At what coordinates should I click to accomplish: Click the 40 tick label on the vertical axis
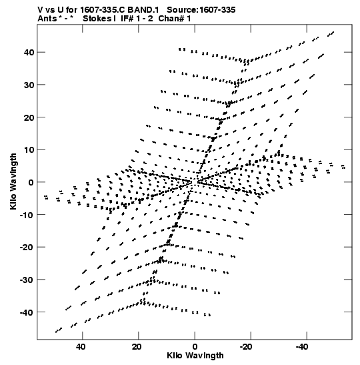coord(29,52)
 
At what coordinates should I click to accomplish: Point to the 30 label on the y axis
coord(29,85)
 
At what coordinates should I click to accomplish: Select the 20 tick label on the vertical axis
coord(29,117)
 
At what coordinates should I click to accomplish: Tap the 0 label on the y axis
coord(31,182)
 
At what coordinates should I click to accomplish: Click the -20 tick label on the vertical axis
coord(27,247)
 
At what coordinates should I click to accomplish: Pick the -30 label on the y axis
coord(27,280)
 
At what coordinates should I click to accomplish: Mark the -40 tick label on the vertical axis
coord(27,312)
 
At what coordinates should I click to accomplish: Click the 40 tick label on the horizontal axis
coord(81,347)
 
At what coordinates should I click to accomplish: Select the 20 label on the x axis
coord(137,347)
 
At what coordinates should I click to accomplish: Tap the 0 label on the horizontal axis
coord(195,347)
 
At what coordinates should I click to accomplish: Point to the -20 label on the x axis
coord(245,347)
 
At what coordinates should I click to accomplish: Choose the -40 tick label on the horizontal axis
coord(301,347)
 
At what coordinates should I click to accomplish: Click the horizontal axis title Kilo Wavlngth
coord(195,356)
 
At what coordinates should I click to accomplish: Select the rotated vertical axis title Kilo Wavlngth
coord(13,181)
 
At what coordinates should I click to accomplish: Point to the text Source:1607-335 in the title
coord(201,10)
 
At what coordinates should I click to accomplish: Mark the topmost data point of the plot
coord(333,32)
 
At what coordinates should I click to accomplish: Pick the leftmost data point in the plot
coord(46,198)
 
